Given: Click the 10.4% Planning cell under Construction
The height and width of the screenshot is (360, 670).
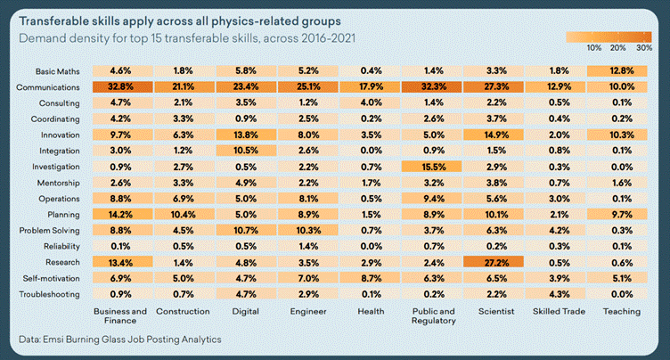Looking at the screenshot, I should click(182, 215).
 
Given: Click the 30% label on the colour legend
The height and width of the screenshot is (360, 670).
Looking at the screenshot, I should click(644, 46).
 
